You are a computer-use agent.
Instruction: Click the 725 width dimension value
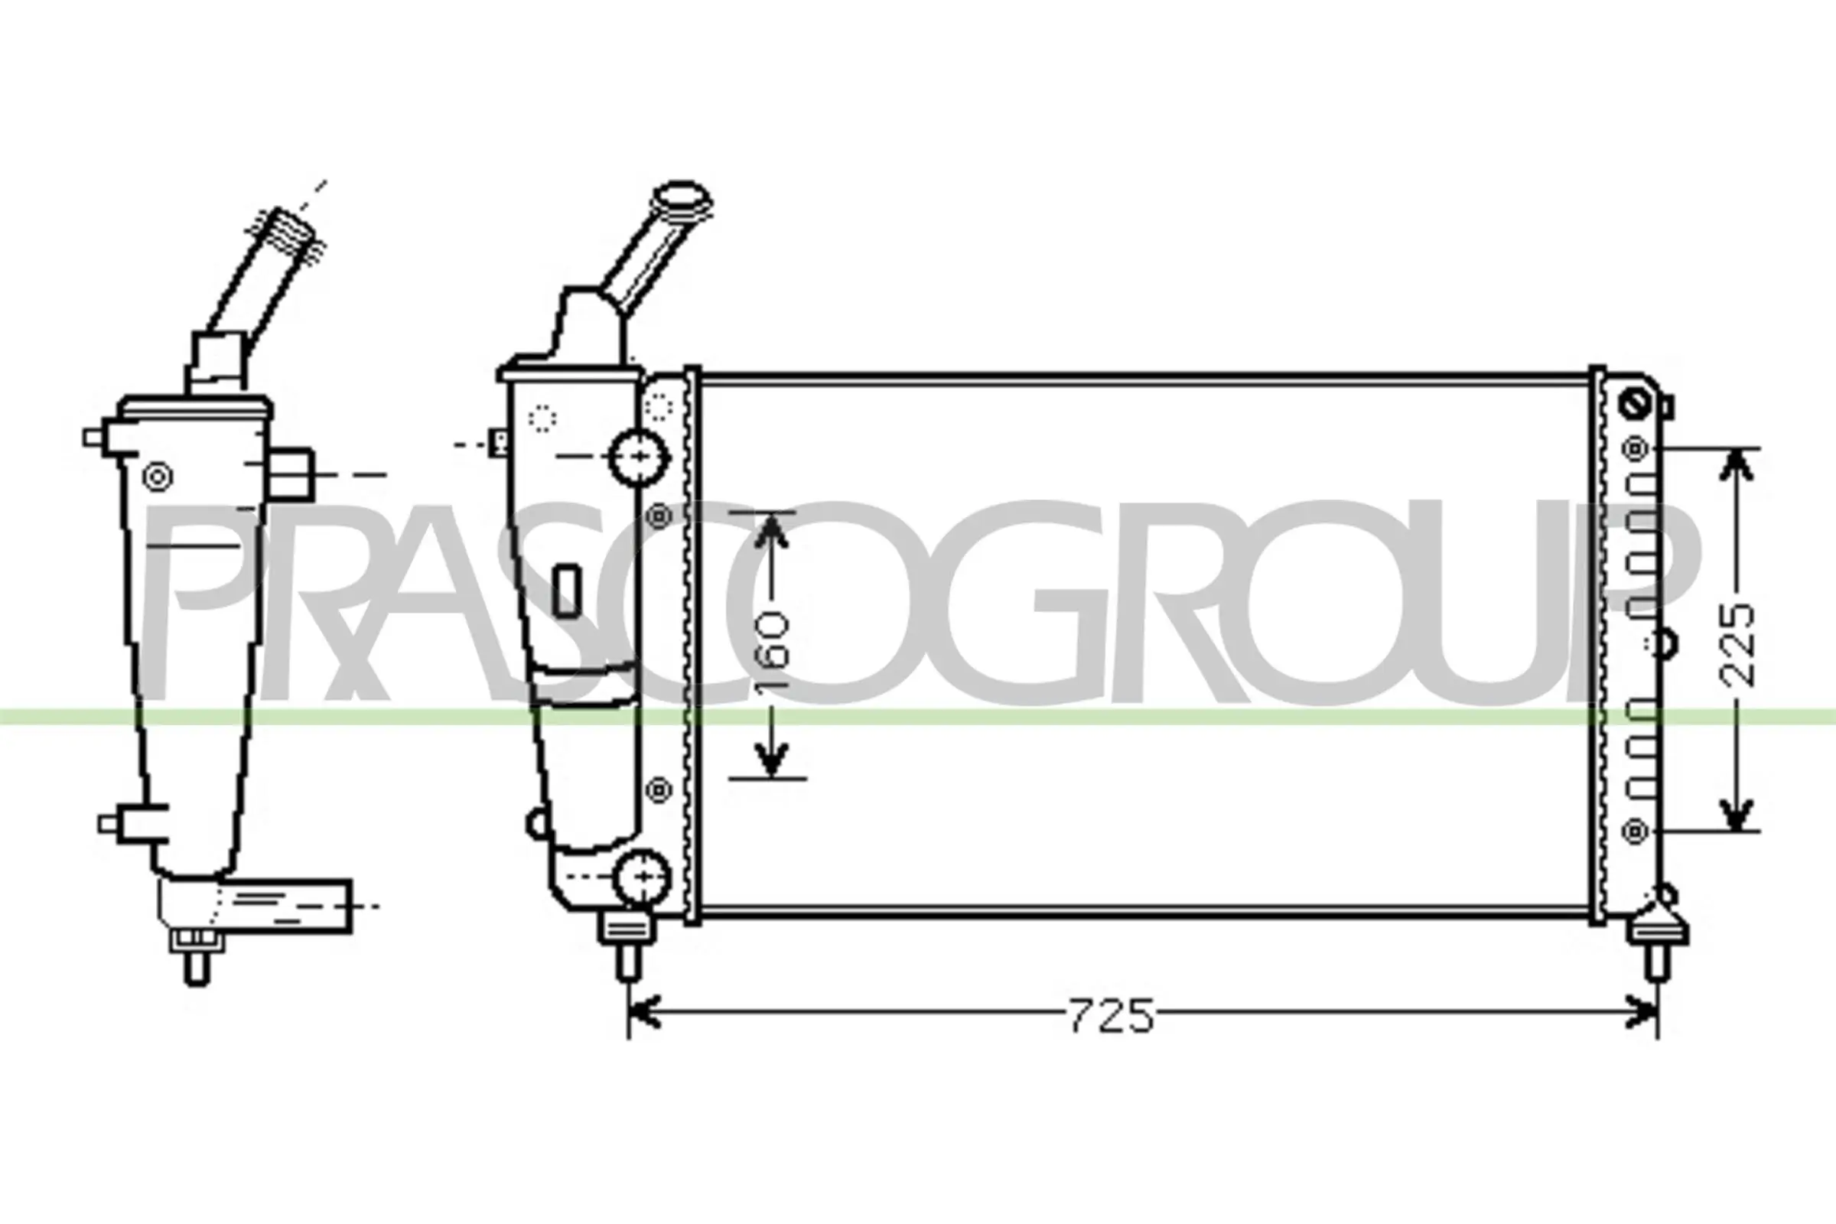point(1110,1016)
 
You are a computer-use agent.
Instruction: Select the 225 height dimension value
point(1737,645)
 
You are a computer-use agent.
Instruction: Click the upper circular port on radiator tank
point(640,456)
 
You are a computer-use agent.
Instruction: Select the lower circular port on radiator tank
point(643,877)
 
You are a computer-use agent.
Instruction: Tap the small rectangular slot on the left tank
point(567,590)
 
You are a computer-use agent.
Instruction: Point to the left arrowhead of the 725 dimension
point(643,1012)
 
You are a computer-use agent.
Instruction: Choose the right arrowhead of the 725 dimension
point(1642,1012)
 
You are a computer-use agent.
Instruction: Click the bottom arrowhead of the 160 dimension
point(771,760)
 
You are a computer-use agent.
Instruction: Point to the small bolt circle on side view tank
point(158,476)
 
